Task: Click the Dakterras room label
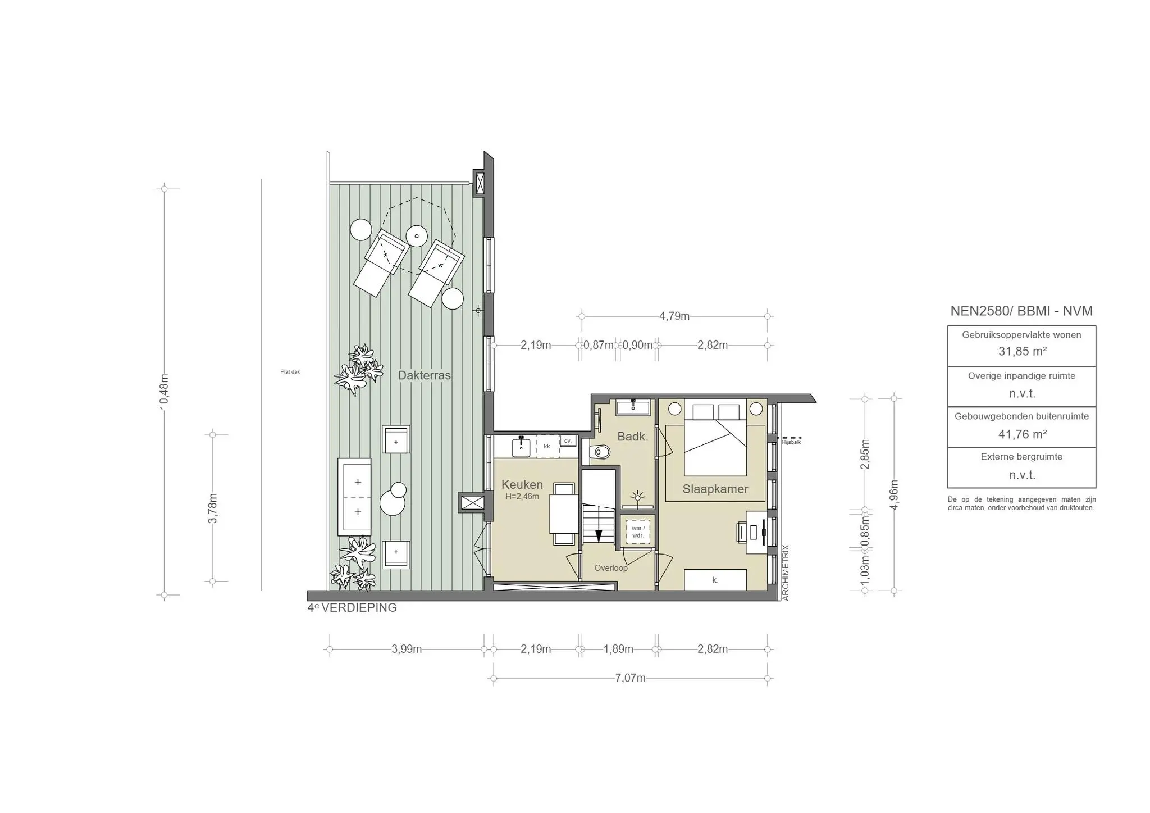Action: pyautogui.click(x=424, y=375)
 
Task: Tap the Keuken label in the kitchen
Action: pyautogui.click(x=522, y=484)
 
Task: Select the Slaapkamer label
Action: pyautogui.click(x=715, y=489)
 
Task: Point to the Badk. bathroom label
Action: pyautogui.click(x=632, y=437)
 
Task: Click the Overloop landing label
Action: pyautogui.click(x=611, y=568)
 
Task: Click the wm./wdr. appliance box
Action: pyautogui.click(x=637, y=532)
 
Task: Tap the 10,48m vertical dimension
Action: pyautogui.click(x=164, y=392)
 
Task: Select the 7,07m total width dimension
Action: pyautogui.click(x=630, y=678)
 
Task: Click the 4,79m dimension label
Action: pyautogui.click(x=674, y=316)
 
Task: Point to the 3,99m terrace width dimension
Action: pyautogui.click(x=407, y=650)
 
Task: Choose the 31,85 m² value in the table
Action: pyautogui.click(x=1021, y=352)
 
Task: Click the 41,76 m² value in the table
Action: pyautogui.click(x=1021, y=434)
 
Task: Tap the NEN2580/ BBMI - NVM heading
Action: pyautogui.click(x=1021, y=311)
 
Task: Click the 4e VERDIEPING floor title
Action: pyautogui.click(x=352, y=608)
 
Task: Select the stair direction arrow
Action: pyautogui.click(x=599, y=535)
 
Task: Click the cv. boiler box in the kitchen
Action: pyautogui.click(x=568, y=442)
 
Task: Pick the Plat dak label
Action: pyautogui.click(x=290, y=371)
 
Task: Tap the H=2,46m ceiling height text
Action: pyautogui.click(x=522, y=497)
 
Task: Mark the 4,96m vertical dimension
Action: pyautogui.click(x=895, y=494)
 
